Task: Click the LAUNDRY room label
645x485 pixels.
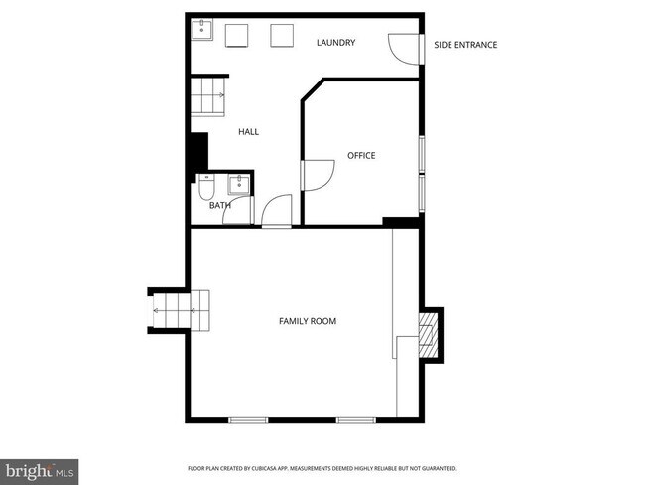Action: click(335, 43)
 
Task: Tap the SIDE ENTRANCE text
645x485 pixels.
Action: click(465, 45)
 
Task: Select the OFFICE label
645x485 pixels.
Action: click(361, 155)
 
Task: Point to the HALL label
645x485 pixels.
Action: click(248, 131)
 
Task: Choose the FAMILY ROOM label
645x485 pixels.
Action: click(307, 321)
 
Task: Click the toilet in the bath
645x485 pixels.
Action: click(205, 186)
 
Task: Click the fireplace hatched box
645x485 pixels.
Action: click(428, 334)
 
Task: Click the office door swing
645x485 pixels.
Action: click(319, 175)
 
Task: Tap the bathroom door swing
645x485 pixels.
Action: click(277, 211)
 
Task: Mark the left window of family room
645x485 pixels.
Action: click(248, 420)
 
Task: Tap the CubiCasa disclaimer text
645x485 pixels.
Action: click(322, 468)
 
